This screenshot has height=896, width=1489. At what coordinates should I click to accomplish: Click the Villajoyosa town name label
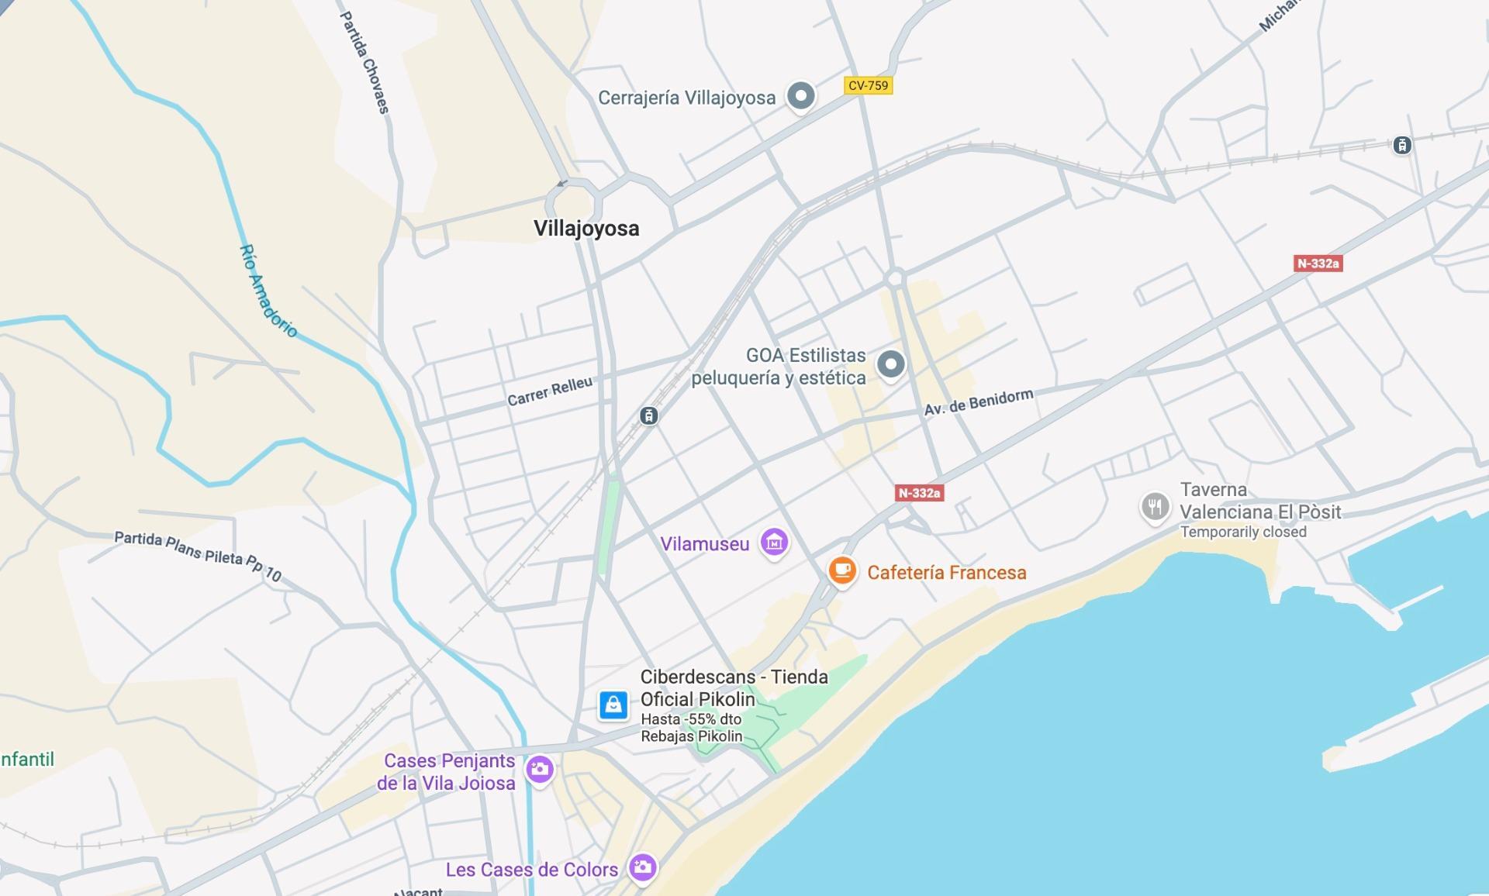(x=586, y=229)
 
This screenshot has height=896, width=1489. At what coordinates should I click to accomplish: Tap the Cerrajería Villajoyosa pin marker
(x=800, y=97)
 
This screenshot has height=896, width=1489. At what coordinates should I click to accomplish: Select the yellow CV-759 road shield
(x=868, y=85)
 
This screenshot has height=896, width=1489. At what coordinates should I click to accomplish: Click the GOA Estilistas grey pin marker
(x=890, y=364)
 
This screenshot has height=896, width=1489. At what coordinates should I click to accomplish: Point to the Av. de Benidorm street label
(x=978, y=401)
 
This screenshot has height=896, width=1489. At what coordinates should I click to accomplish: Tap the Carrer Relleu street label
(x=549, y=391)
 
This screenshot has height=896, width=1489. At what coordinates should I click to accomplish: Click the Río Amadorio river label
(x=268, y=291)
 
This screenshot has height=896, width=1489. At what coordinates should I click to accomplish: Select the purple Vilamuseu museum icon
(x=774, y=543)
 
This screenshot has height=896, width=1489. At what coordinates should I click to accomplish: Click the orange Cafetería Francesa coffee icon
(x=841, y=572)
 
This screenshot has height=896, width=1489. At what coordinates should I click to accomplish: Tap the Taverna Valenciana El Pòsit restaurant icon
(x=1155, y=507)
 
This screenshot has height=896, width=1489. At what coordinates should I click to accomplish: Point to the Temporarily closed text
(x=1242, y=532)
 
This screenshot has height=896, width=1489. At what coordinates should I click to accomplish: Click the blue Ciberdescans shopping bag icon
(x=613, y=705)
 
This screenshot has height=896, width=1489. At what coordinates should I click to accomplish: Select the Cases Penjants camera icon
(x=539, y=770)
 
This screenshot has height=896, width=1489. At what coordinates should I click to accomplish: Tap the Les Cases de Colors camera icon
(x=642, y=867)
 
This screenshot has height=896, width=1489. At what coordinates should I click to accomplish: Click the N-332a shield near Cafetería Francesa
(x=919, y=493)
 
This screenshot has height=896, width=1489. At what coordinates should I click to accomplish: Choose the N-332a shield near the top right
(x=1318, y=264)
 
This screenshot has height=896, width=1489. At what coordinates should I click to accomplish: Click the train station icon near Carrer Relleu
(x=649, y=416)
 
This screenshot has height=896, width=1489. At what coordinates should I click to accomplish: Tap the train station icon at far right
(x=1401, y=145)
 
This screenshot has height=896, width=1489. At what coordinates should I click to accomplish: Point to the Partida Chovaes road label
(x=364, y=62)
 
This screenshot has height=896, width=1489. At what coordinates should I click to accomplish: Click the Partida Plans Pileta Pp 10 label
(x=197, y=555)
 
